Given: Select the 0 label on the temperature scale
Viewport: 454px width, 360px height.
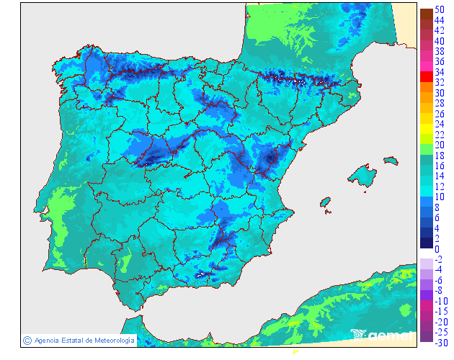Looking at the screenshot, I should pos(437,249).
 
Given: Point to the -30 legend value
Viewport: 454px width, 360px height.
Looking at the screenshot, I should pos(440,343).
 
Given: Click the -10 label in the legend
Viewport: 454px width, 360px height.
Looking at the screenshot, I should pos(440,301).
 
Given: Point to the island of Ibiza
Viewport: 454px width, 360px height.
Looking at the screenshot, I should pos(326,202).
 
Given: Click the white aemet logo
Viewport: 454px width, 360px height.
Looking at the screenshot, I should pos(383,335).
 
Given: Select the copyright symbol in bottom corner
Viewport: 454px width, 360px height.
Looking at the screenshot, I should pos(27,340).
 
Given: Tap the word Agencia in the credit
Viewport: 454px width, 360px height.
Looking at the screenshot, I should pos(47,340).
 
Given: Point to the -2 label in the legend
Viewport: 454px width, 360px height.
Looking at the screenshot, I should pos(439,259).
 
